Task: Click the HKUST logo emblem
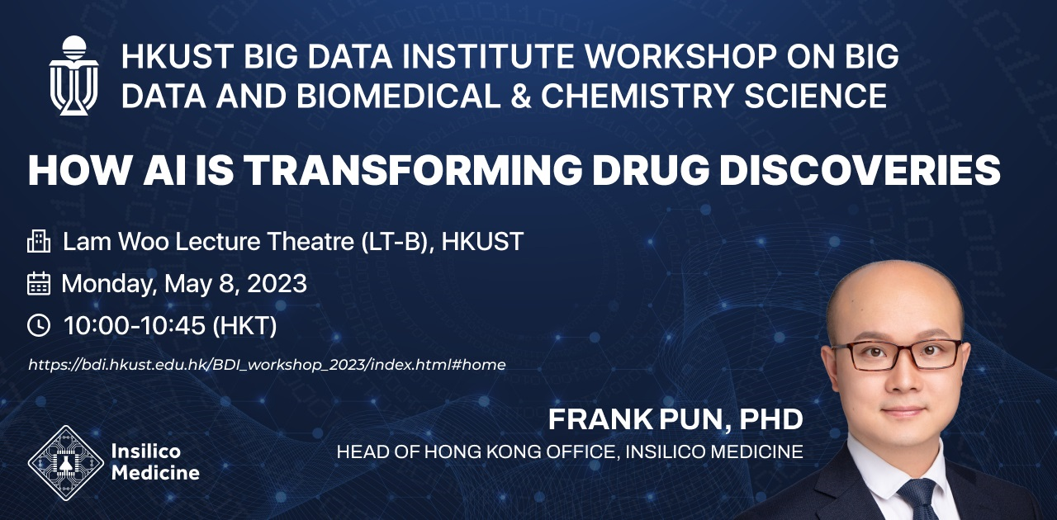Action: (x=74, y=75)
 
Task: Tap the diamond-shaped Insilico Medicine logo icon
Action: (x=66, y=463)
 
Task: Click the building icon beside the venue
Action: (x=39, y=241)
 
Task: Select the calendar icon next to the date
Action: (x=39, y=284)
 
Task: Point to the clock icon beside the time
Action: (x=39, y=325)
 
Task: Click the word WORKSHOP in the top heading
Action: (x=680, y=57)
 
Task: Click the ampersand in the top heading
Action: (x=520, y=96)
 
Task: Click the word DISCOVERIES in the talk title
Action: (x=860, y=170)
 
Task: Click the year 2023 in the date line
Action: (x=277, y=284)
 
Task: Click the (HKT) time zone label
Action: (x=245, y=326)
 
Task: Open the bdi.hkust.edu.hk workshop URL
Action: (x=267, y=365)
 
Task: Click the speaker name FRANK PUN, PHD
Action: (x=675, y=419)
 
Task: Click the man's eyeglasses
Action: (x=896, y=355)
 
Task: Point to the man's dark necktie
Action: (x=917, y=500)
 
